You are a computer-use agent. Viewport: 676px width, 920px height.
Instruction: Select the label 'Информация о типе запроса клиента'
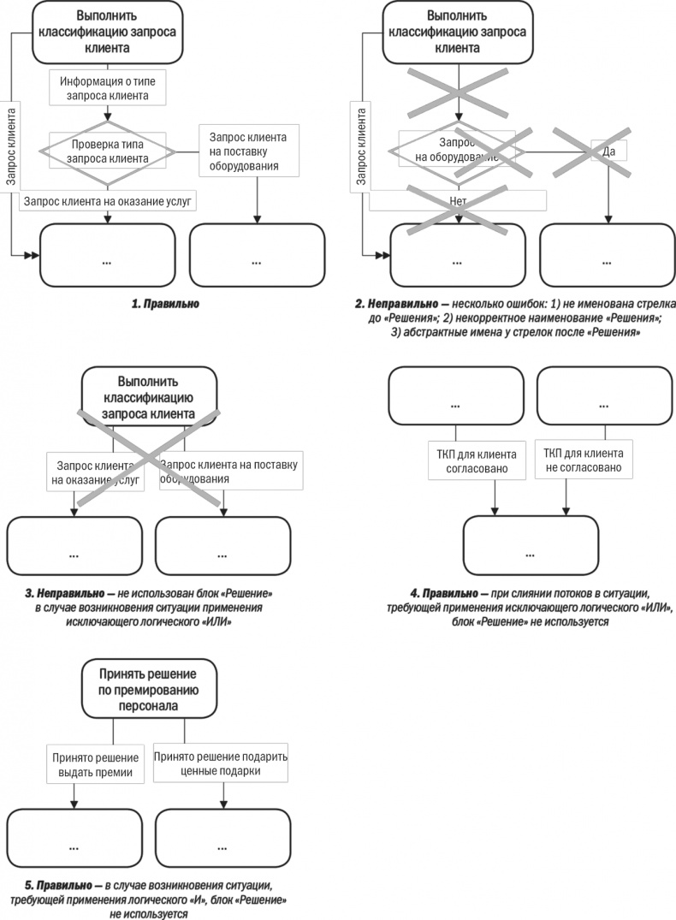pyautogui.click(x=107, y=88)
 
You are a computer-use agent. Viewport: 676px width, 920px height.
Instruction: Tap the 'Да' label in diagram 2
pyautogui.click(x=609, y=151)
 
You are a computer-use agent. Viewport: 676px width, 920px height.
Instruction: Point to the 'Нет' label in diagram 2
pyautogui.click(x=457, y=200)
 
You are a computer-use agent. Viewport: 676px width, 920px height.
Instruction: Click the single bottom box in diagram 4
pyautogui.click(x=530, y=543)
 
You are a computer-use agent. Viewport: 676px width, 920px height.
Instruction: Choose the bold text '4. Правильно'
pyautogui.click(x=449, y=592)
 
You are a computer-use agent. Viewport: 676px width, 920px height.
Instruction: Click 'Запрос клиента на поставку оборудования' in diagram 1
pyautogui.click(x=245, y=151)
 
